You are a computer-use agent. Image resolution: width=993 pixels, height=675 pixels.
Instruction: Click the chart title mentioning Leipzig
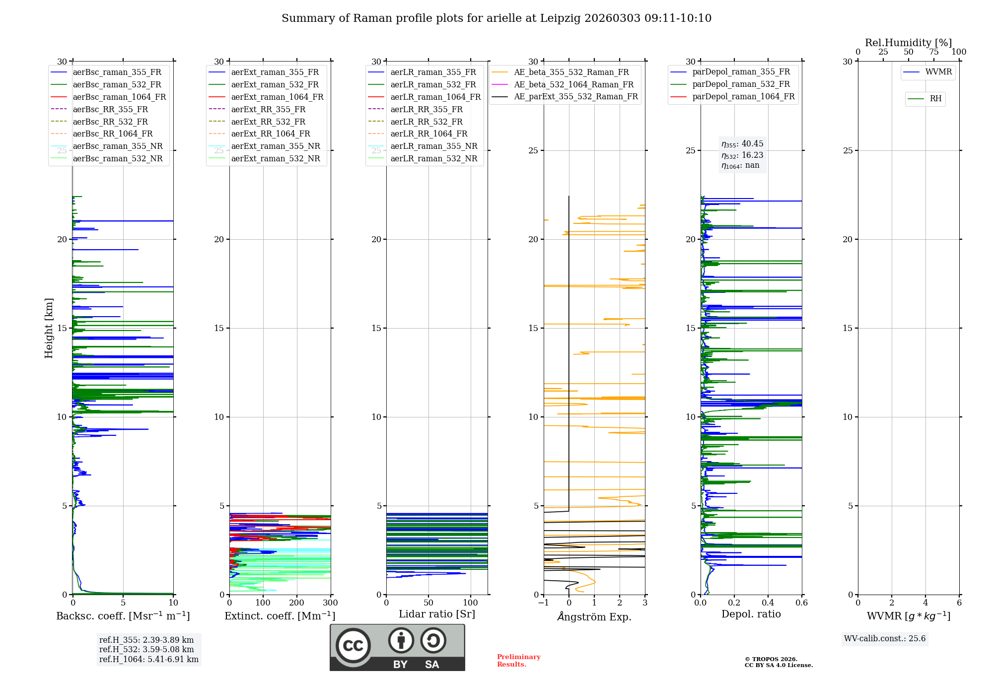(496, 18)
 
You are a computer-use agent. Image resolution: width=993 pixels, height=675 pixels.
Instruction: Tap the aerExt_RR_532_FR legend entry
(268, 122)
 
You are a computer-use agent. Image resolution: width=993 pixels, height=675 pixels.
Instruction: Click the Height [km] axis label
(49, 328)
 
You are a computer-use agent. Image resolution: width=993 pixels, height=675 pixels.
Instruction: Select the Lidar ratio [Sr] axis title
(437, 614)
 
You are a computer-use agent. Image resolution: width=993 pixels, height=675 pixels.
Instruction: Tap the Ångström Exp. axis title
(594, 616)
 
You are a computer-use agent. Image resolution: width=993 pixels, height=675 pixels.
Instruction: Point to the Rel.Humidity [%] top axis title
(908, 43)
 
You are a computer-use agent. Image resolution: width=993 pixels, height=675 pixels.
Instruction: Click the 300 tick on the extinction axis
(330, 603)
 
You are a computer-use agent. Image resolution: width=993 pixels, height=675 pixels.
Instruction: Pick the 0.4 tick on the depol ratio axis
(768, 603)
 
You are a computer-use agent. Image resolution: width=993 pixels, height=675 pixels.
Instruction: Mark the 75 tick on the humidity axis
(934, 52)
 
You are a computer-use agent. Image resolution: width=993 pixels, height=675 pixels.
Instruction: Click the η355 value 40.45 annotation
(742, 144)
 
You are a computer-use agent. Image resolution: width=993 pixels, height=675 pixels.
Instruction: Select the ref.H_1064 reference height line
(148, 660)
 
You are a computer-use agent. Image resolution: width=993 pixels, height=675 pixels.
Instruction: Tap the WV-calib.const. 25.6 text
(885, 639)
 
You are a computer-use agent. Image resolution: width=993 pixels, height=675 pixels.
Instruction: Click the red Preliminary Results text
(518, 661)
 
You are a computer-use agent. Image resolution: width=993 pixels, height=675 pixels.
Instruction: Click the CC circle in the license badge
(353, 646)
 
